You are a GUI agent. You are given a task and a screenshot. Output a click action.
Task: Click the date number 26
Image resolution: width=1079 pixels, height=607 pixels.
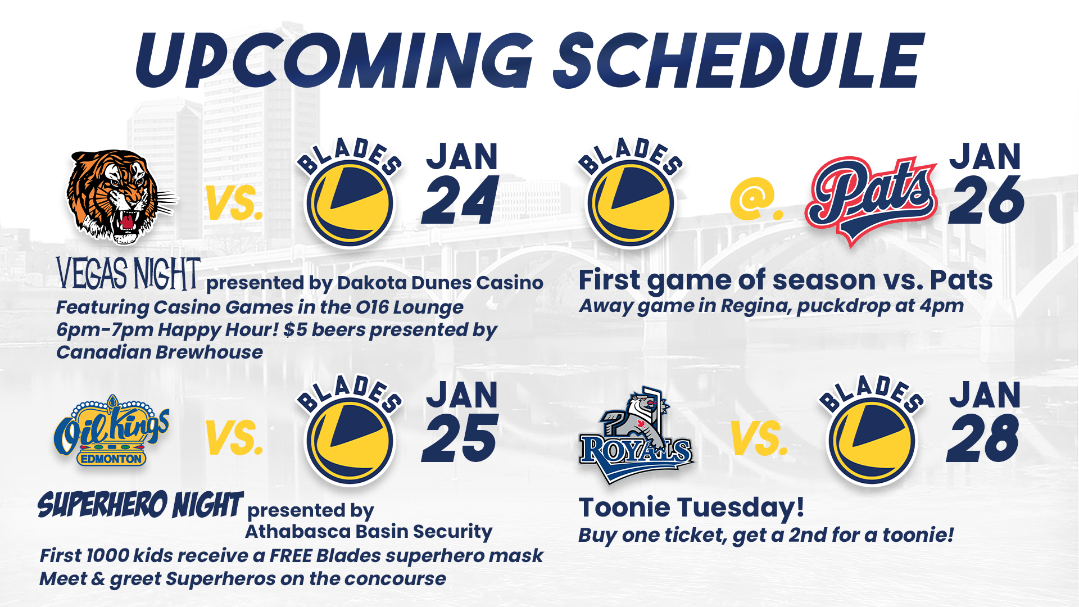[x=986, y=201]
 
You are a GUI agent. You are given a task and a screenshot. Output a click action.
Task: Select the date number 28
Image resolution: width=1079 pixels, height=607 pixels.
[x=983, y=439]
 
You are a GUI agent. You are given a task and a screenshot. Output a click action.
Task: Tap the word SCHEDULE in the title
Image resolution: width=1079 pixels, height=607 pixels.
[x=739, y=61]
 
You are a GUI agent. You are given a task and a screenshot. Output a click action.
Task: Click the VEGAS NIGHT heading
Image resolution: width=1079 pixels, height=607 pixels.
[x=128, y=274]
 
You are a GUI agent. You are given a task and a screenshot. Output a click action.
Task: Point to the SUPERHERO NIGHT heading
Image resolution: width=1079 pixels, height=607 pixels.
[x=140, y=504]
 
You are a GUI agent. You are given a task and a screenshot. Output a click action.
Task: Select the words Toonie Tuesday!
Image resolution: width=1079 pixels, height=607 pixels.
[x=691, y=508]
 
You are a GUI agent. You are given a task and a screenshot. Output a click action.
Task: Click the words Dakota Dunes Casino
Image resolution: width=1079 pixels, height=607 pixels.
[x=440, y=283]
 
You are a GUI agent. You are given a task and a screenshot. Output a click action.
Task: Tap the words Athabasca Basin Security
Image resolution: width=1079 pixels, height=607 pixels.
[x=369, y=532]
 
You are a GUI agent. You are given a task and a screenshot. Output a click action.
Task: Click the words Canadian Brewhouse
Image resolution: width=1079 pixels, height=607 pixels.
[x=160, y=352]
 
